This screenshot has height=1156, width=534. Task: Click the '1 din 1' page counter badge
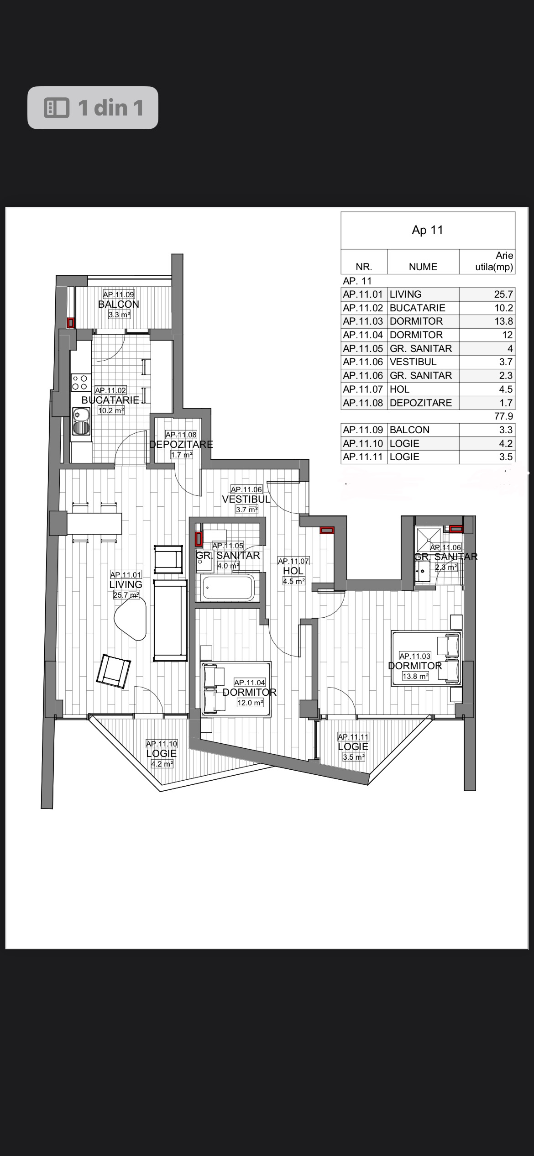point(93,108)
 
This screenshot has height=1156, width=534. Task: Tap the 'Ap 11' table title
point(427,230)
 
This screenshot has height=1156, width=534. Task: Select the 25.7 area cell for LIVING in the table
point(503,294)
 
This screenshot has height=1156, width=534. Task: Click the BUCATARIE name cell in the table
point(417,308)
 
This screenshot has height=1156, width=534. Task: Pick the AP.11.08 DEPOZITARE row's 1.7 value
point(507,403)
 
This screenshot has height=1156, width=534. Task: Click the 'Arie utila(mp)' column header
point(494,261)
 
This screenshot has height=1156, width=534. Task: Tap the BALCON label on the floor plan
point(119,304)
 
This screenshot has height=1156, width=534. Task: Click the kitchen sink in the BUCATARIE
point(81,421)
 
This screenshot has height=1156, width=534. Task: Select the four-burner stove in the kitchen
point(81,383)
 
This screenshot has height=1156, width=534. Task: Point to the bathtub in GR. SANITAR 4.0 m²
point(228,588)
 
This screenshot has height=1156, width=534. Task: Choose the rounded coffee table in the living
point(131,619)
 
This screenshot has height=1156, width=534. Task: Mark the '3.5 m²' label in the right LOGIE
point(354,757)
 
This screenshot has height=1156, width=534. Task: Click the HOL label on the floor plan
point(293,571)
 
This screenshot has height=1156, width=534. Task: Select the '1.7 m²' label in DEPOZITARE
point(182,455)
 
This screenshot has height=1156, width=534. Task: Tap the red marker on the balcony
point(71,323)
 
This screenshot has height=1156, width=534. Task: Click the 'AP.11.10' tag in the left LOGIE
point(162,744)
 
